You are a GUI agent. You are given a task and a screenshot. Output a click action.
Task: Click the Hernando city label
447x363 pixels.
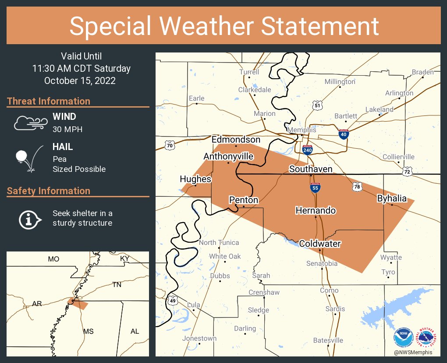[x=316, y=210]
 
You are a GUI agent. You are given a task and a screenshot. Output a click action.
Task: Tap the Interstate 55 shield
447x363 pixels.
[x=315, y=188]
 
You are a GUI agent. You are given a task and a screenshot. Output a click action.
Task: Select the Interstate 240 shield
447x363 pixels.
[x=307, y=150]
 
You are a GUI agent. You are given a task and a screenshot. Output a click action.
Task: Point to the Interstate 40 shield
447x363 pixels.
[x=344, y=135]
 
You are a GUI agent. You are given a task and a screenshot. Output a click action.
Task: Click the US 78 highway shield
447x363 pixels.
[x=357, y=187]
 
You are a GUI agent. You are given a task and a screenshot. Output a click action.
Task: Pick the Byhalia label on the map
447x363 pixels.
[x=392, y=199]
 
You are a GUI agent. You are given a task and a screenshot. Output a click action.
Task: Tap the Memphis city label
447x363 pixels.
[x=302, y=130]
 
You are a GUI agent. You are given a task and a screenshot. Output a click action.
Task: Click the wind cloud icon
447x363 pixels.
[x=30, y=123]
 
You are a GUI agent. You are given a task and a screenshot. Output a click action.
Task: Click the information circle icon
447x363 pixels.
[x=29, y=219]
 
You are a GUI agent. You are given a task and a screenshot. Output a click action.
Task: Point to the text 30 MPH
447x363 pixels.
[x=67, y=129]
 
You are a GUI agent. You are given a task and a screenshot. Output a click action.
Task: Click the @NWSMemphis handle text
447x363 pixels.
[x=412, y=353]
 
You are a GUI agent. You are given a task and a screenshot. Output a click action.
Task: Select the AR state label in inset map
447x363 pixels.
[x=37, y=303]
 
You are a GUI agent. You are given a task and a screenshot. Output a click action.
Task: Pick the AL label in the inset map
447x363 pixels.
[x=135, y=331]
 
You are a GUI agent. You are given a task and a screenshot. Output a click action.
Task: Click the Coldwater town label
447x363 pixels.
[x=319, y=244]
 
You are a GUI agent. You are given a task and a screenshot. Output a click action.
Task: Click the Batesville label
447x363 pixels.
[x=328, y=340]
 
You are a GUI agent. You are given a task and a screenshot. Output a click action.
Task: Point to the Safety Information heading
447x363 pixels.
[x=49, y=191]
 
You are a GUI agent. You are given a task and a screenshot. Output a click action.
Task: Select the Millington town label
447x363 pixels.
[x=340, y=82]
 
